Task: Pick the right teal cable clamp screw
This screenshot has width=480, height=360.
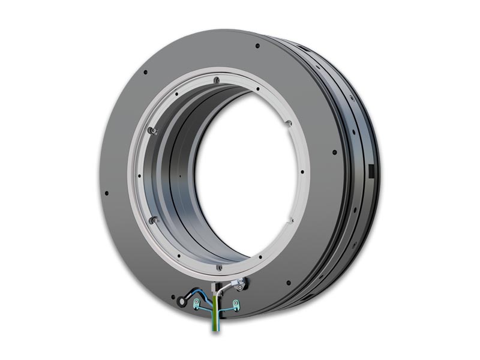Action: (x=236, y=304)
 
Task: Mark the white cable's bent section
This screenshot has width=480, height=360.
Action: (x=228, y=287)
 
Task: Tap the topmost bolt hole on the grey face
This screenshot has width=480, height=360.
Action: (x=257, y=46)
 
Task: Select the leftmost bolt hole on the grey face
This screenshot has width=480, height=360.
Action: (x=106, y=193)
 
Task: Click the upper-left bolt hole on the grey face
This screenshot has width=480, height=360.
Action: (x=145, y=73)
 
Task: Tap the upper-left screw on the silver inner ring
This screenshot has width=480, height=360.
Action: (x=154, y=131)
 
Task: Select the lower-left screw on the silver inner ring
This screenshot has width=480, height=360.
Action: (x=154, y=220)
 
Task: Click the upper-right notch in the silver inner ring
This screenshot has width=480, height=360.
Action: (x=289, y=123)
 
